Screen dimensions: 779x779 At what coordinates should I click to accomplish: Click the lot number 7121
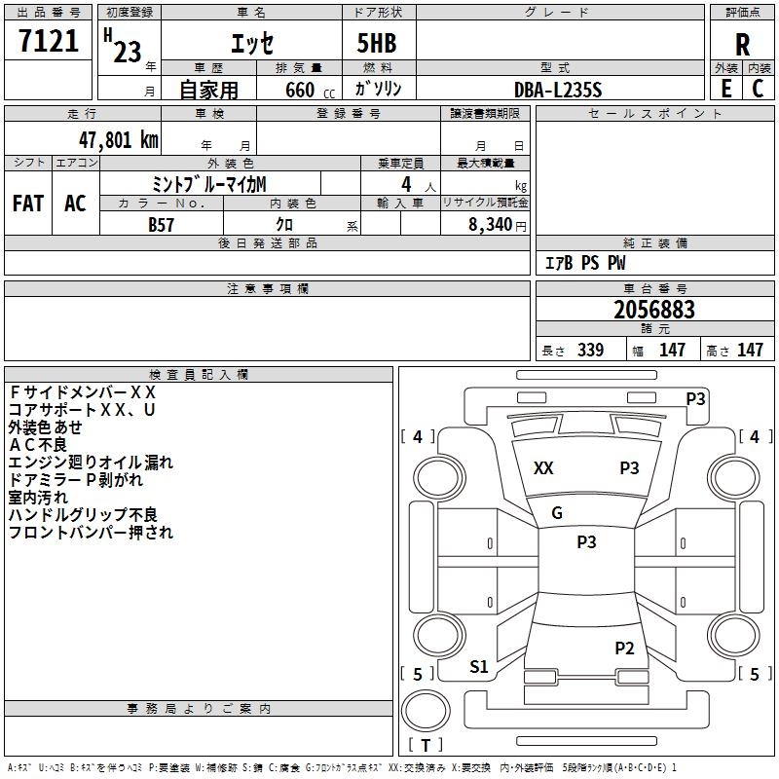[49, 42]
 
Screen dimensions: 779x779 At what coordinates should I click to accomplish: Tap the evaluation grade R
[742, 45]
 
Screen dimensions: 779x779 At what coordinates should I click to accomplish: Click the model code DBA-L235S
[558, 90]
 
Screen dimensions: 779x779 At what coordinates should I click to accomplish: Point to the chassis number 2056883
[654, 310]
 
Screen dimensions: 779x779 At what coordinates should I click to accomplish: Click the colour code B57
[162, 224]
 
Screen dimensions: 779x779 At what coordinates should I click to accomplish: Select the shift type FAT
[28, 204]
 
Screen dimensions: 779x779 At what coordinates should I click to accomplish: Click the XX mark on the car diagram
[543, 468]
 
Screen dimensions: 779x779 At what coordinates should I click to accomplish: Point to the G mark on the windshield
[557, 513]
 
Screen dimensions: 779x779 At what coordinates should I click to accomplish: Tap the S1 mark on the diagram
[479, 667]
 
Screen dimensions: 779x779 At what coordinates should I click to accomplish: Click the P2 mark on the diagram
[624, 648]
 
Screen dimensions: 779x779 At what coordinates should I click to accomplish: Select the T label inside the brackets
[426, 745]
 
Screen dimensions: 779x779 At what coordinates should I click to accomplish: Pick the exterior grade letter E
[725, 89]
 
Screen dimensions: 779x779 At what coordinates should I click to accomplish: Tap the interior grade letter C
[759, 89]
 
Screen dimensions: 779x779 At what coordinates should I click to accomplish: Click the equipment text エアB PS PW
[584, 263]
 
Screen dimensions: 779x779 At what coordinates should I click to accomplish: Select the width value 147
[672, 351]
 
